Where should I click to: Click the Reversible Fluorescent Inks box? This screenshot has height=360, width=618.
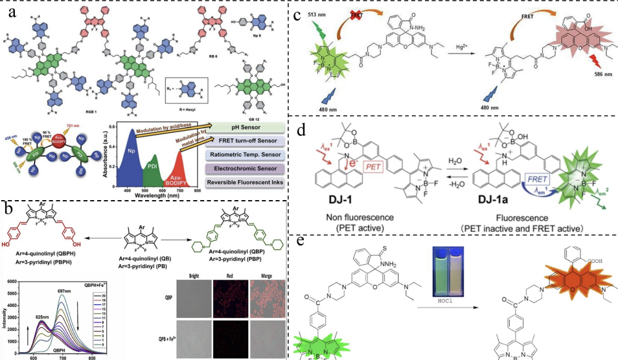(x=244, y=183)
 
